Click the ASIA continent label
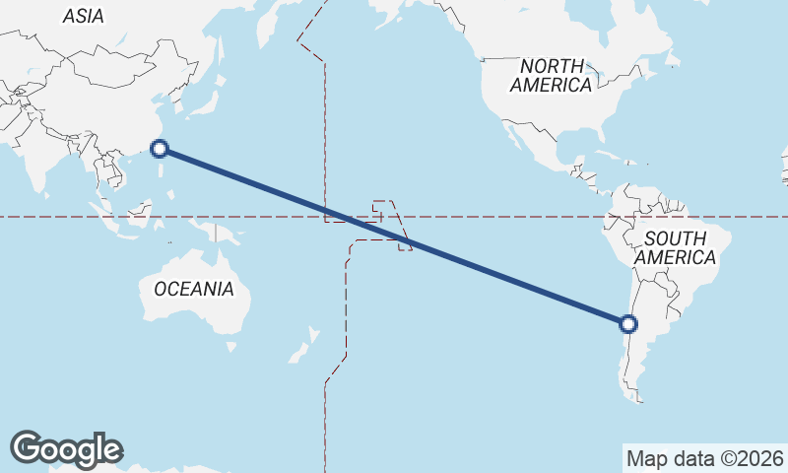pyautogui.click(x=83, y=16)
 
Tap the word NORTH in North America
pyautogui.click(x=552, y=66)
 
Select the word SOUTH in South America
pyautogui.click(x=676, y=238)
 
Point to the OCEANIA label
pyautogui.click(x=194, y=289)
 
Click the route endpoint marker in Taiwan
pyautogui.click(x=160, y=149)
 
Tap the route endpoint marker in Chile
pyautogui.click(x=628, y=323)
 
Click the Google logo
pyautogui.click(x=66, y=449)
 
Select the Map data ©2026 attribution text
pyautogui.click(x=705, y=458)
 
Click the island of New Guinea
pyautogui.click(x=224, y=236)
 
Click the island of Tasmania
pyautogui.click(x=230, y=347)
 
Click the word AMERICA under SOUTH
pyautogui.click(x=675, y=257)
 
